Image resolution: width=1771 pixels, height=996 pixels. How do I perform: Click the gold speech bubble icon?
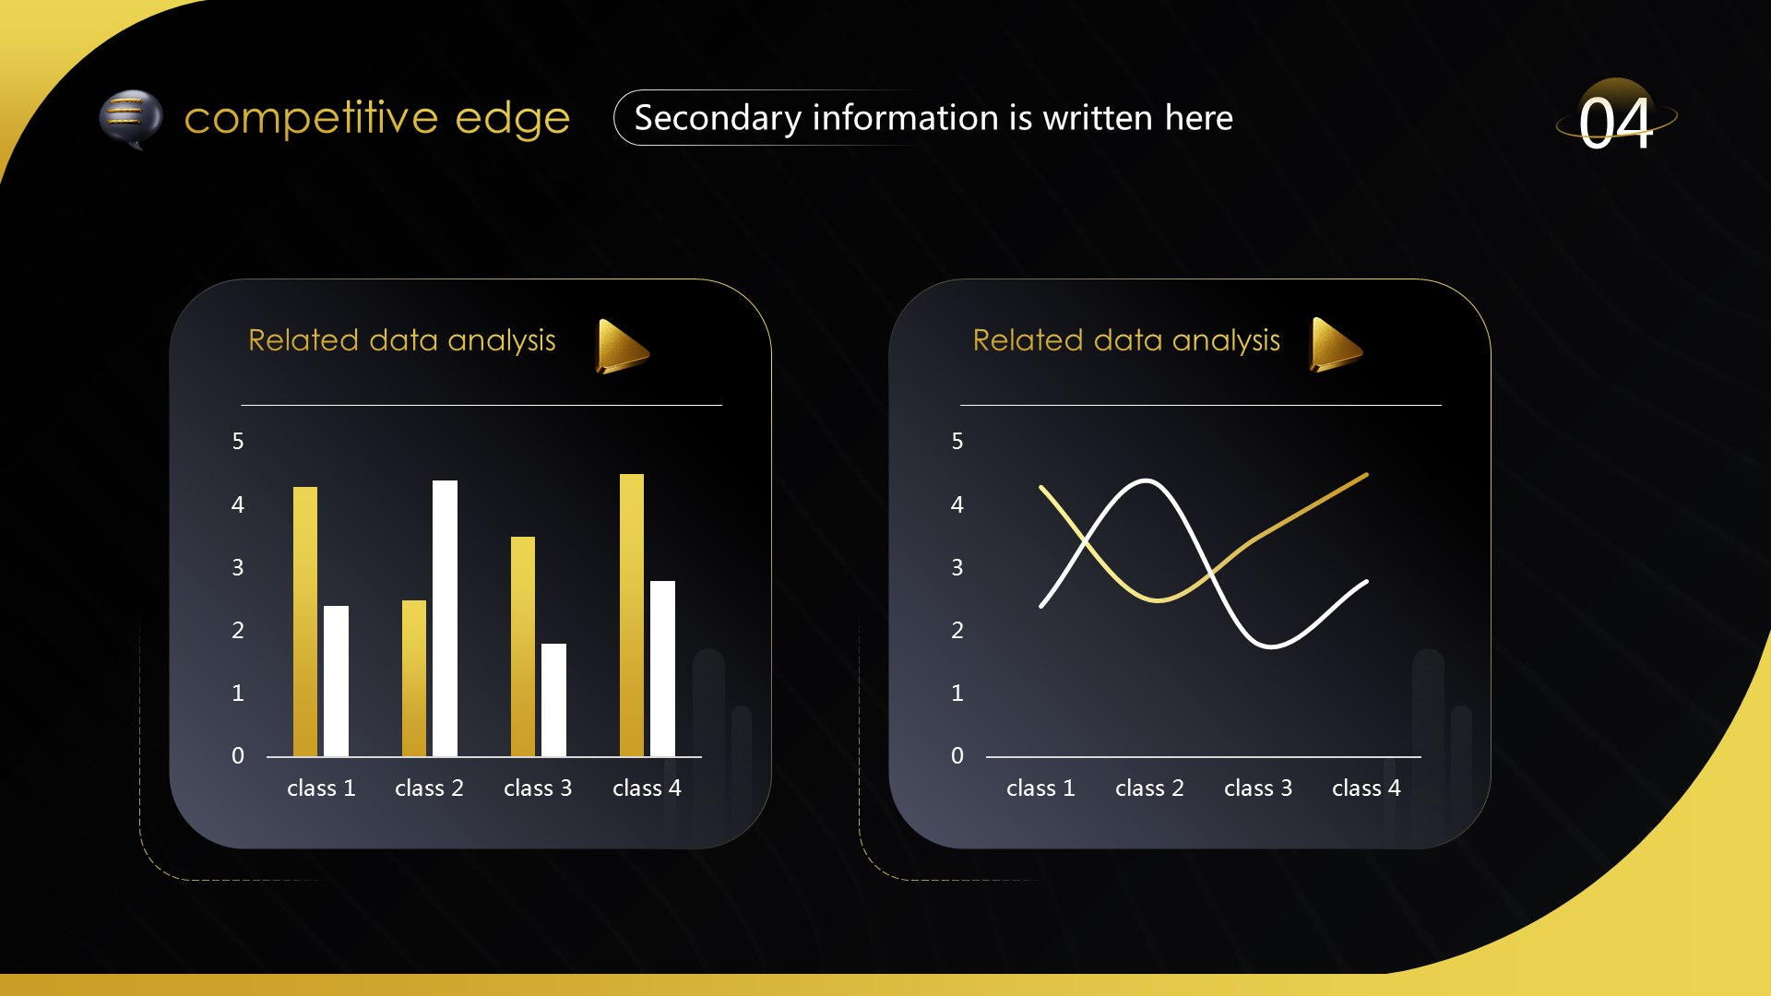[x=131, y=119]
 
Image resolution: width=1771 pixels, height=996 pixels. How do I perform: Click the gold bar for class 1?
[x=305, y=622]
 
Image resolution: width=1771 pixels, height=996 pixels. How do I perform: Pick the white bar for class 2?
[x=445, y=618]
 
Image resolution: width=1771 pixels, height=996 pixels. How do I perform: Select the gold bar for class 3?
[x=523, y=646]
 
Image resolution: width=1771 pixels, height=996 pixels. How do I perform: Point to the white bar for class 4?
[x=662, y=669]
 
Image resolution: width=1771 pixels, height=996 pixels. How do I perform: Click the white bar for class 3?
[x=553, y=700]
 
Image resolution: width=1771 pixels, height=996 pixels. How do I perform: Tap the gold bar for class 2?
[x=414, y=678]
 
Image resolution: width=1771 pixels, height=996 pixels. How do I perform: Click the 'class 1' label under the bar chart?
[x=321, y=788]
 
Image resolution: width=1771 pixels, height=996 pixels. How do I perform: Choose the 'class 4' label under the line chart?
[x=1366, y=788]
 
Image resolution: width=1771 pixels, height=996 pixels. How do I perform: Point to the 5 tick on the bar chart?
[x=238, y=442]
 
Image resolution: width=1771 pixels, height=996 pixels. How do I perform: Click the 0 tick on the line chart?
[x=957, y=756]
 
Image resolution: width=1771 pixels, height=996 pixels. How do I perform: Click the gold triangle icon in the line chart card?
[x=1336, y=344]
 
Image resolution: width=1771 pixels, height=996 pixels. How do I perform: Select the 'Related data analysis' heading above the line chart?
[x=1126, y=340]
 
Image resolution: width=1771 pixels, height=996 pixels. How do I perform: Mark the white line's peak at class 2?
[x=1146, y=480]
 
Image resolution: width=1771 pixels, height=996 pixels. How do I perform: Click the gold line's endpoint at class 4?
[x=1366, y=475]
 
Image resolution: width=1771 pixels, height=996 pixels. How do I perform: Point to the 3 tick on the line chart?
[x=957, y=568]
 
